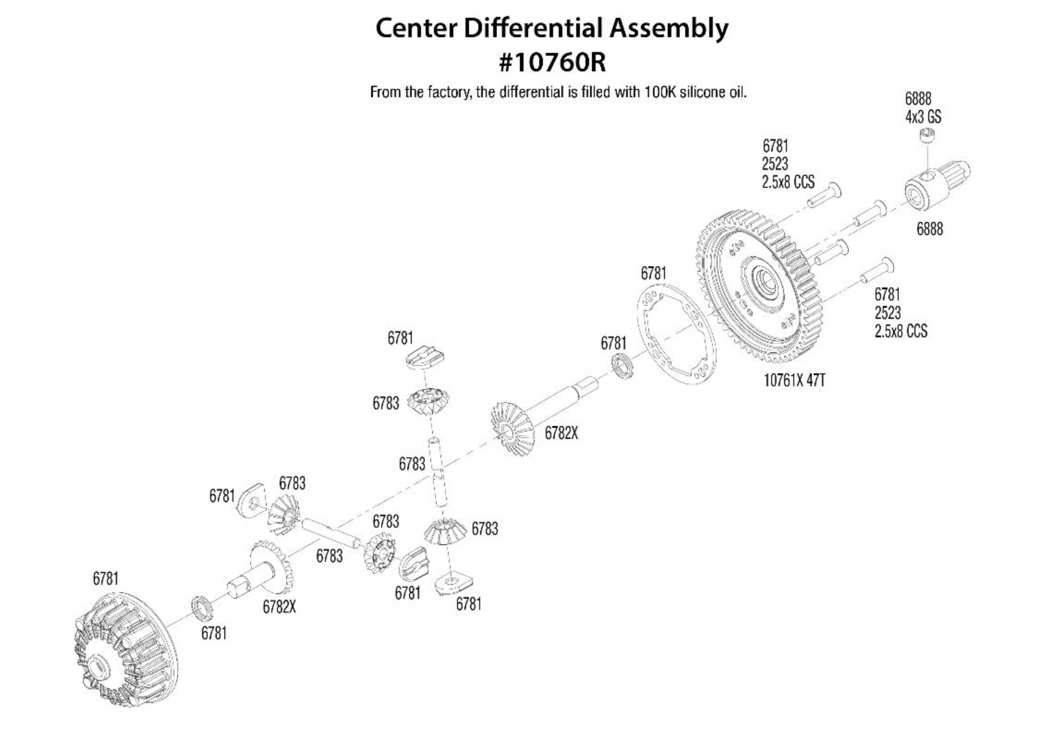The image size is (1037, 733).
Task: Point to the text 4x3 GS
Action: coord(923,117)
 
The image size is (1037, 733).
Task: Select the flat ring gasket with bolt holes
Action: coord(677,335)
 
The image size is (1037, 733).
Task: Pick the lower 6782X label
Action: coord(279,607)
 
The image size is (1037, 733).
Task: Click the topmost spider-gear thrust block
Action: coord(425,355)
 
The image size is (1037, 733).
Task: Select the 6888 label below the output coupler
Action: coord(929,229)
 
